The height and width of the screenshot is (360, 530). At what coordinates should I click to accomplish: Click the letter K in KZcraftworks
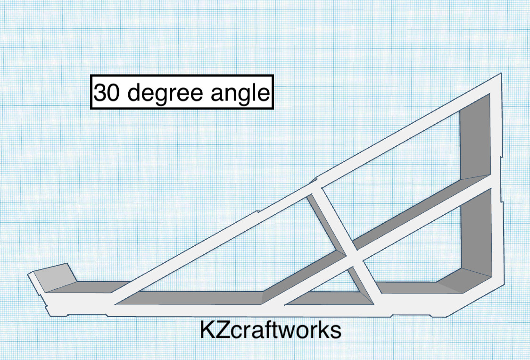[x=207, y=331]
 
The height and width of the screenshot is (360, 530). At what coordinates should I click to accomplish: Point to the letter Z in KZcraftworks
[x=224, y=331]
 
